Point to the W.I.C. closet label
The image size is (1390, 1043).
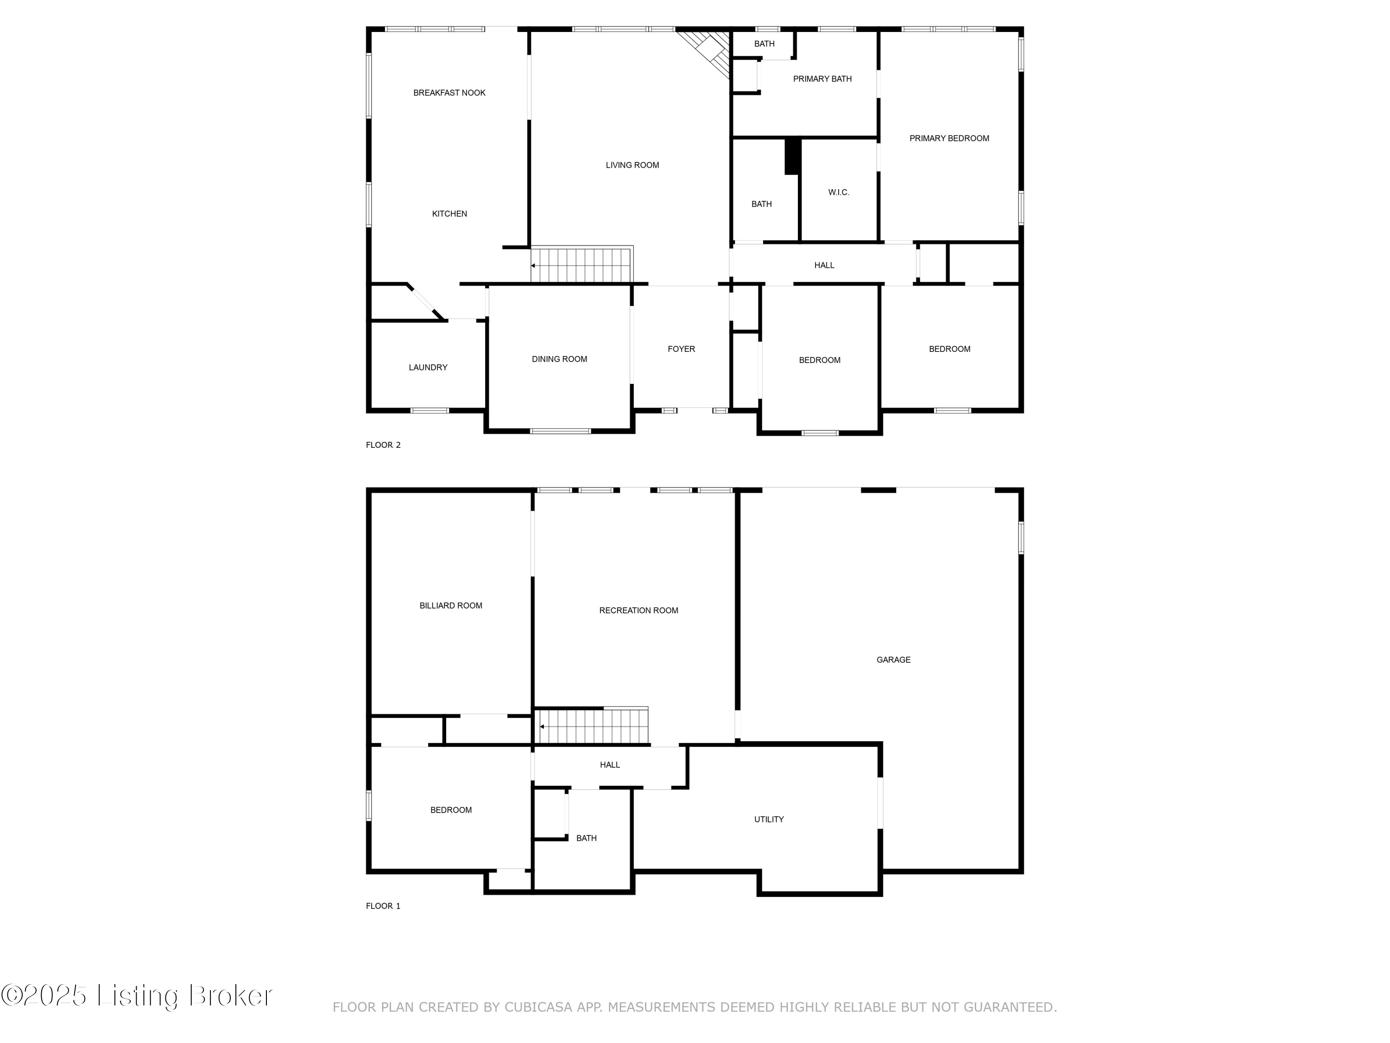(838, 192)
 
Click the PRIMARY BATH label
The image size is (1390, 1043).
(822, 79)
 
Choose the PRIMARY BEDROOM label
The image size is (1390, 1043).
(948, 138)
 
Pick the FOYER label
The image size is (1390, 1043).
(681, 349)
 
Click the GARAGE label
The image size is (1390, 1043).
(893, 660)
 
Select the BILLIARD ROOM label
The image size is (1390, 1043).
(450, 605)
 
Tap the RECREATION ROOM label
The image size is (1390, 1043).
(638, 611)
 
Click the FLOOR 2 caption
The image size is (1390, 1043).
(383, 445)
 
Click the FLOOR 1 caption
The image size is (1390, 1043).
(383, 906)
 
